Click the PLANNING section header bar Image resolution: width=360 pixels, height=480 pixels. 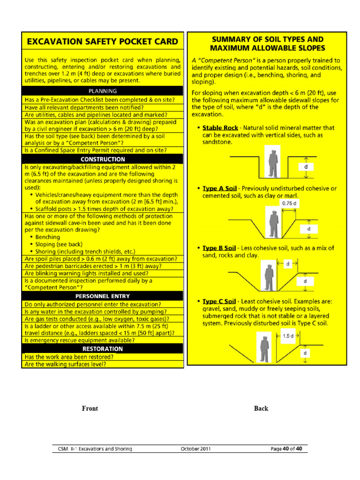point(103,91)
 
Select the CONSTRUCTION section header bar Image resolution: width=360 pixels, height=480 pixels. point(103,159)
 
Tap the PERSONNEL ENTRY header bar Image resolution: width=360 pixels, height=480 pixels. point(103,296)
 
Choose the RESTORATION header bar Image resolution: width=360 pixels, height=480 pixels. point(103,349)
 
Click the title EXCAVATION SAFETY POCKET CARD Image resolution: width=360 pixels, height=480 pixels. point(102,41)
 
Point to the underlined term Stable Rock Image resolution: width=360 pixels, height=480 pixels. point(220,127)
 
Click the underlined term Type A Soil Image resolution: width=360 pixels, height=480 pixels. point(219,188)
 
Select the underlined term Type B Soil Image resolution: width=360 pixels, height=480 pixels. point(219,248)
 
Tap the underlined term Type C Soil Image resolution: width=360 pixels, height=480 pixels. point(219,300)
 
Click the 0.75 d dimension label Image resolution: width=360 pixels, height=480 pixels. point(289,203)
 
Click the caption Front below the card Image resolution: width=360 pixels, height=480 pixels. point(90,408)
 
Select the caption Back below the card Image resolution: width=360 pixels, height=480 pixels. point(261,408)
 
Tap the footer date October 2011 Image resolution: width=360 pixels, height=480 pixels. point(195,449)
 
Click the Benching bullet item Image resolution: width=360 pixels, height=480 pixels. point(48,237)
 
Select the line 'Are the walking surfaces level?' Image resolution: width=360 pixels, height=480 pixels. point(66,364)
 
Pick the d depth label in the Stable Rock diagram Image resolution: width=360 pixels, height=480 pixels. point(306,167)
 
